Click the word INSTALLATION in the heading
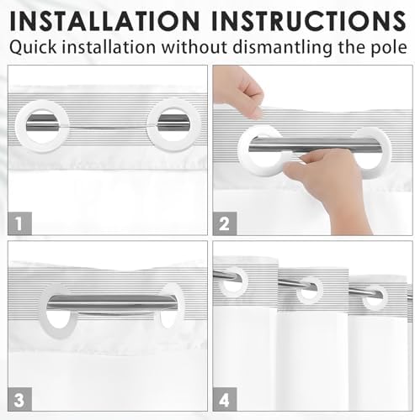(x=104, y=21)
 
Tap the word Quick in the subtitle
(x=33, y=47)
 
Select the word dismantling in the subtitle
(x=283, y=47)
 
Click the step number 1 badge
(x=19, y=223)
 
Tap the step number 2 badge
(x=225, y=223)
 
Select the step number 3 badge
(x=19, y=400)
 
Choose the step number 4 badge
(x=225, y=400)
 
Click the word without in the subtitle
(x=194, y=47)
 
